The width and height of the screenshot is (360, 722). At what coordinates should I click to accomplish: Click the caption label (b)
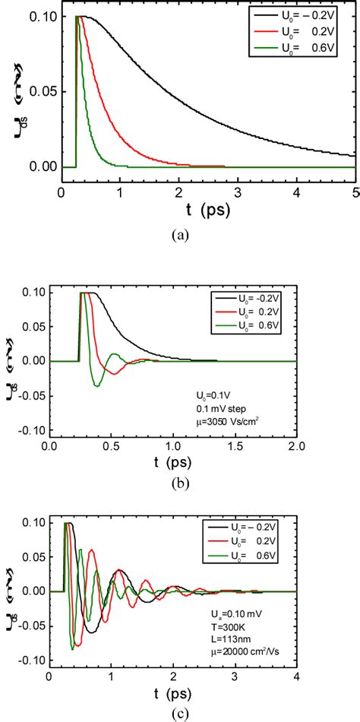pyautogui.click(x=179, y=481)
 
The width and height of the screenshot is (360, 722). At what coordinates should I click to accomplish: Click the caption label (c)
pyautogui.click(x=179, y=712)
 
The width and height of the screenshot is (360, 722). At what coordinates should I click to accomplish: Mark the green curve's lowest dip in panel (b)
pyautogui.click(x=96, y=385)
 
